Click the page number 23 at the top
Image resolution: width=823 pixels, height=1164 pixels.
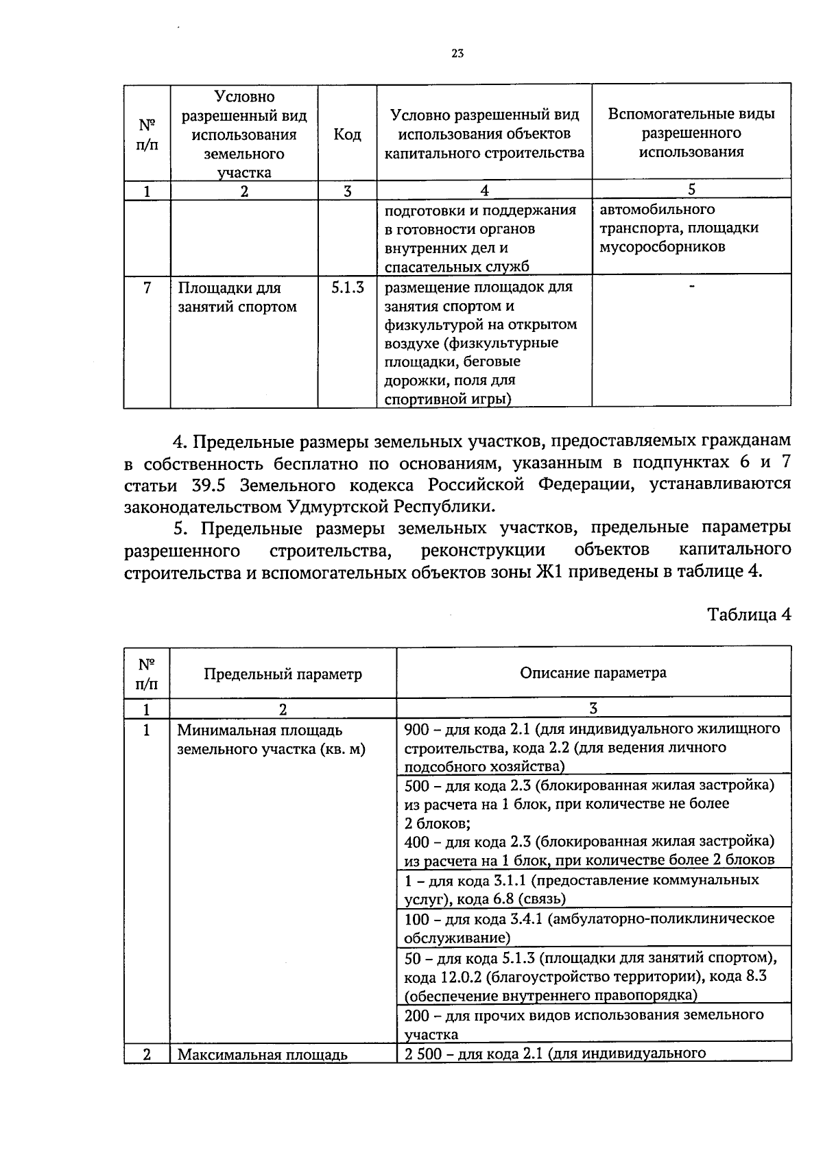pyautogui.click(x=458, y=54)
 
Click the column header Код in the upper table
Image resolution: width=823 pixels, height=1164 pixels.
pyautogui.click(x=347, y=134)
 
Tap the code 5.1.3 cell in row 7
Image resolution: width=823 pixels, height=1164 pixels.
pyautogui.click(x=347, y=288)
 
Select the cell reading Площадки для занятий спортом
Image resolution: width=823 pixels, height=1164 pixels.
pyautogui.click(x=237, y=297)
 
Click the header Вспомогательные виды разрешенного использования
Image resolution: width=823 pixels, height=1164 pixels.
pyautogui.click(x=691, y=133)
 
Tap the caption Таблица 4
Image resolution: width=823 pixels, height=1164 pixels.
pyautogui.click(x=749, y=615)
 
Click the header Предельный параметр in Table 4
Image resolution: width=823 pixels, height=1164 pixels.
pyautogui.click(x=283, y=674)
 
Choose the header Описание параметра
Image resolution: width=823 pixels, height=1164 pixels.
pyautogui.click(x=593, y=672)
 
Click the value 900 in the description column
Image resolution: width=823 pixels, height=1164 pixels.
pyautogui.click(x=416, y=728)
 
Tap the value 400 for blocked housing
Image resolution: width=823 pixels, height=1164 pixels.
pyautogui.click(x=416, y=841)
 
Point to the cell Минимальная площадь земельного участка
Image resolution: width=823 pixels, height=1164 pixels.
pyautogui.click(x=271, y=740)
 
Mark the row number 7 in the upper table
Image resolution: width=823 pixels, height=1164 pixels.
pyautogui.click(x=147, y=288)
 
